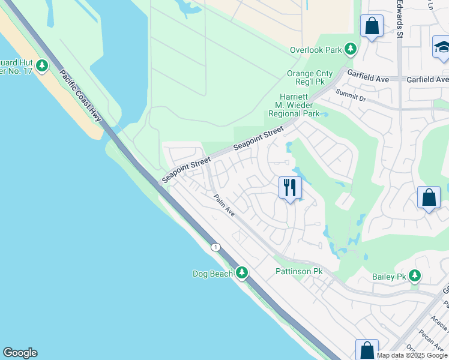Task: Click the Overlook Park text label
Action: point(315,50)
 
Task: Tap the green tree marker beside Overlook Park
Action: point(351,49)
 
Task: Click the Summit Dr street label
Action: point(351,94)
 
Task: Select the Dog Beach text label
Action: point(212,274)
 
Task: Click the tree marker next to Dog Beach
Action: point(242,273)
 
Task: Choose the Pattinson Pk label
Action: point(299,272)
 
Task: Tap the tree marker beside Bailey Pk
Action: point(414,275)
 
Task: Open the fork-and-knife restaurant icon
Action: point(290,188)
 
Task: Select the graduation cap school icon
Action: point(442,47)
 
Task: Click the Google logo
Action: point(20,353)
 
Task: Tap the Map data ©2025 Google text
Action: point(412,355)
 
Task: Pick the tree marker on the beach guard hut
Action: point(41,65)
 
